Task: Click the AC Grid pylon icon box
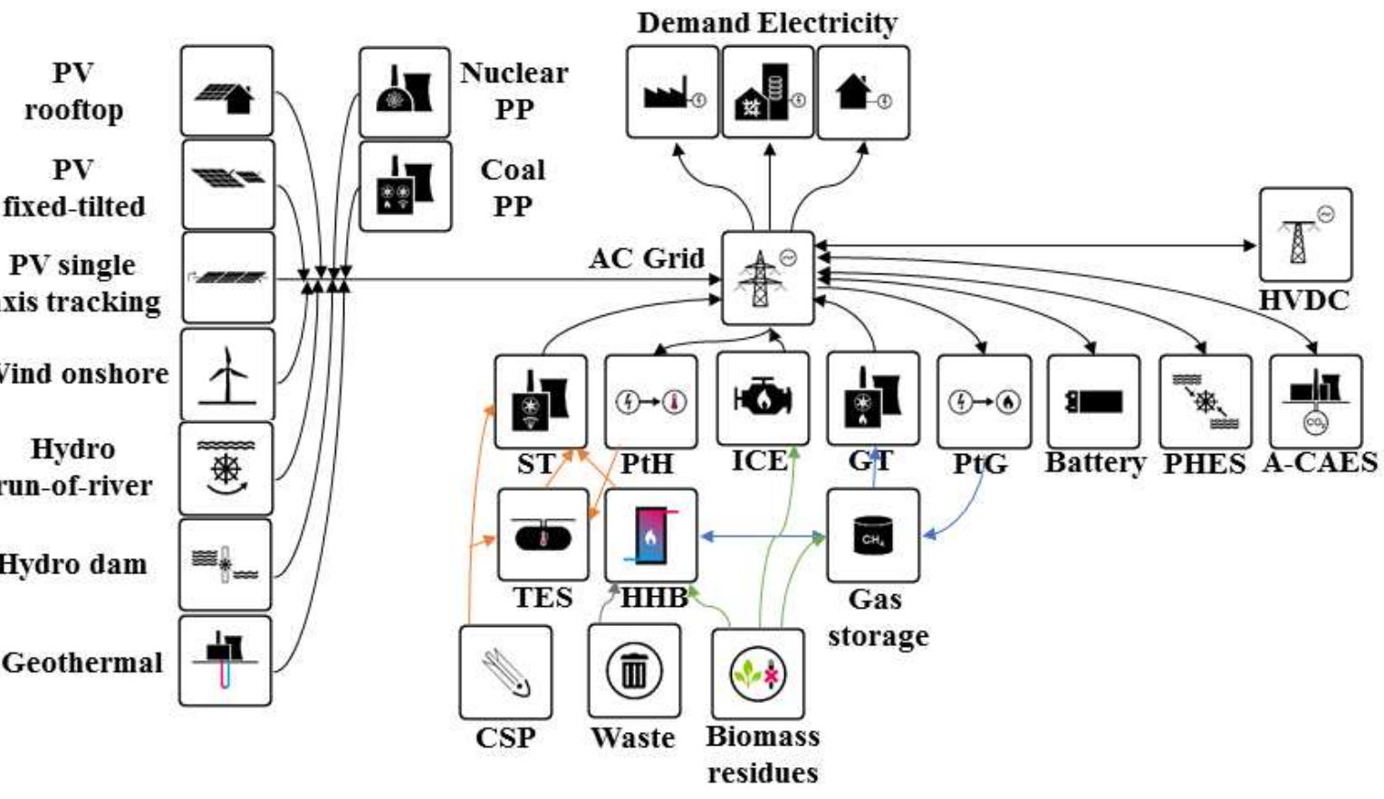(767, 277)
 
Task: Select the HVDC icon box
(1304, 235)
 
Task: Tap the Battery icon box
(1093, 401)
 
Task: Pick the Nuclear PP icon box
(405, 91)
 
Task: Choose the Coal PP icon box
(405, 186)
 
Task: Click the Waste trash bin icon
(633, 671)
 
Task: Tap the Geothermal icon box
(226, 660)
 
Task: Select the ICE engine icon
(762, 398)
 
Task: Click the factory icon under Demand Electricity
(672, 92)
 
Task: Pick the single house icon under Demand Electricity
(862, 92)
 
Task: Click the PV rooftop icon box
(226, 91)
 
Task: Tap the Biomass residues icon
(758, 674)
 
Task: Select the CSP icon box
(505, 672)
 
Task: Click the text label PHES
(1204, 464)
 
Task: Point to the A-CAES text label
(1319, 463)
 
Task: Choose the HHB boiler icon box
(651, 535)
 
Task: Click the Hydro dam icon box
(226, 564)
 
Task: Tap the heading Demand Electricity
(766, 23)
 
